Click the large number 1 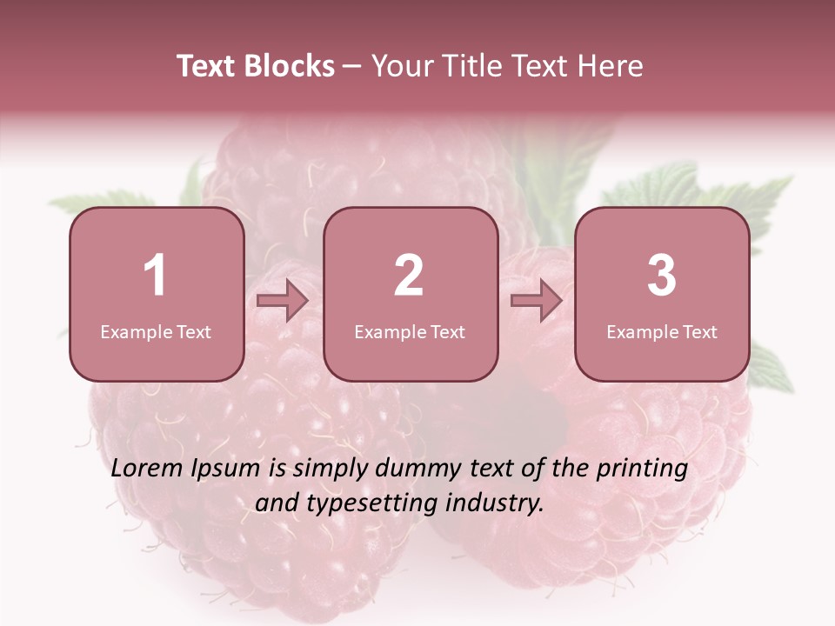coord(156,276)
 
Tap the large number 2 coord(409,276)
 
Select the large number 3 coord(662,276)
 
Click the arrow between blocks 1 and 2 coord(284,301)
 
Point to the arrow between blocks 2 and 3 coord(537,301)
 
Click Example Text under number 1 coord(156,332)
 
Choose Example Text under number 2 coord(410,332)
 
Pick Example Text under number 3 coord(662,332)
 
